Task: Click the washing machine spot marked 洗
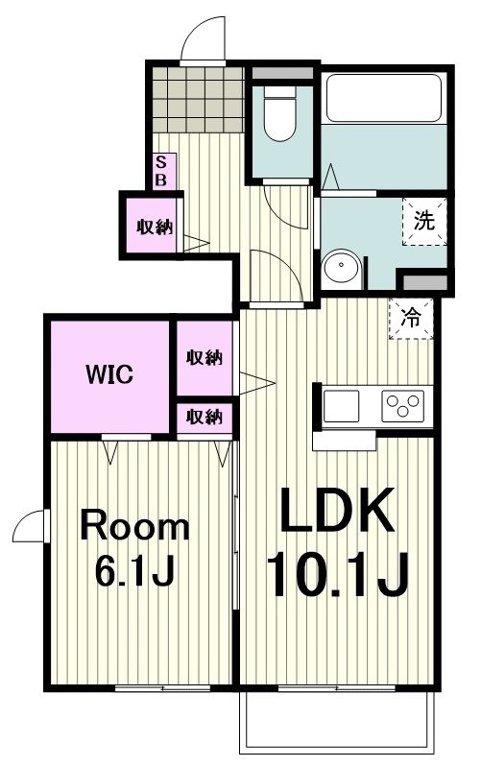click(x=423, y=220)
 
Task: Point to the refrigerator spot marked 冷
click(x=410, y=318)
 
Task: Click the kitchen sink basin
click(x=341, y=406)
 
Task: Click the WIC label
click(x=111, y=373)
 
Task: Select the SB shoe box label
click(x=160, y=171)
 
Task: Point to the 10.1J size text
click(x=338, y=575)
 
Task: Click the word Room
click(x=134, y=527)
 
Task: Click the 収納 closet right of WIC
click(x=204, y=358)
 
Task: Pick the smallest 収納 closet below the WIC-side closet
click(x=204, y=417)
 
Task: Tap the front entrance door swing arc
click(x=204, y=38)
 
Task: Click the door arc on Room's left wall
click(x=29, y=526)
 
